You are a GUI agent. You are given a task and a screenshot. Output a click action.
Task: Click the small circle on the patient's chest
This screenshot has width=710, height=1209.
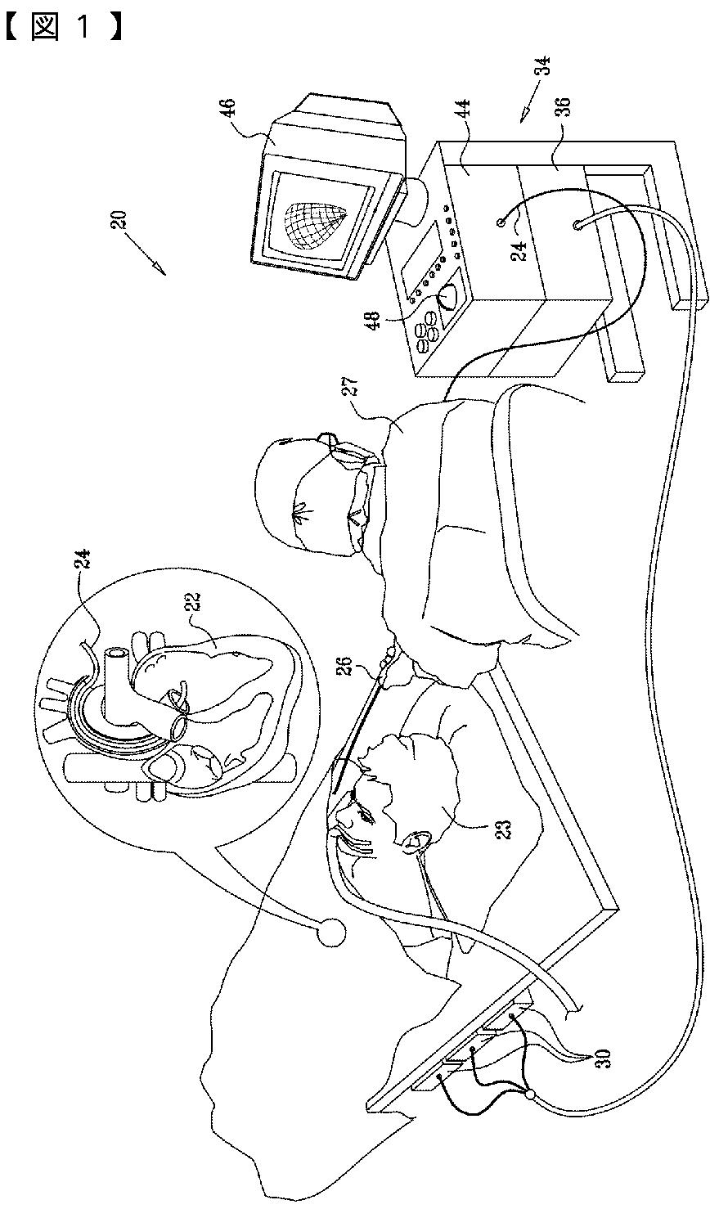(330, 933)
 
